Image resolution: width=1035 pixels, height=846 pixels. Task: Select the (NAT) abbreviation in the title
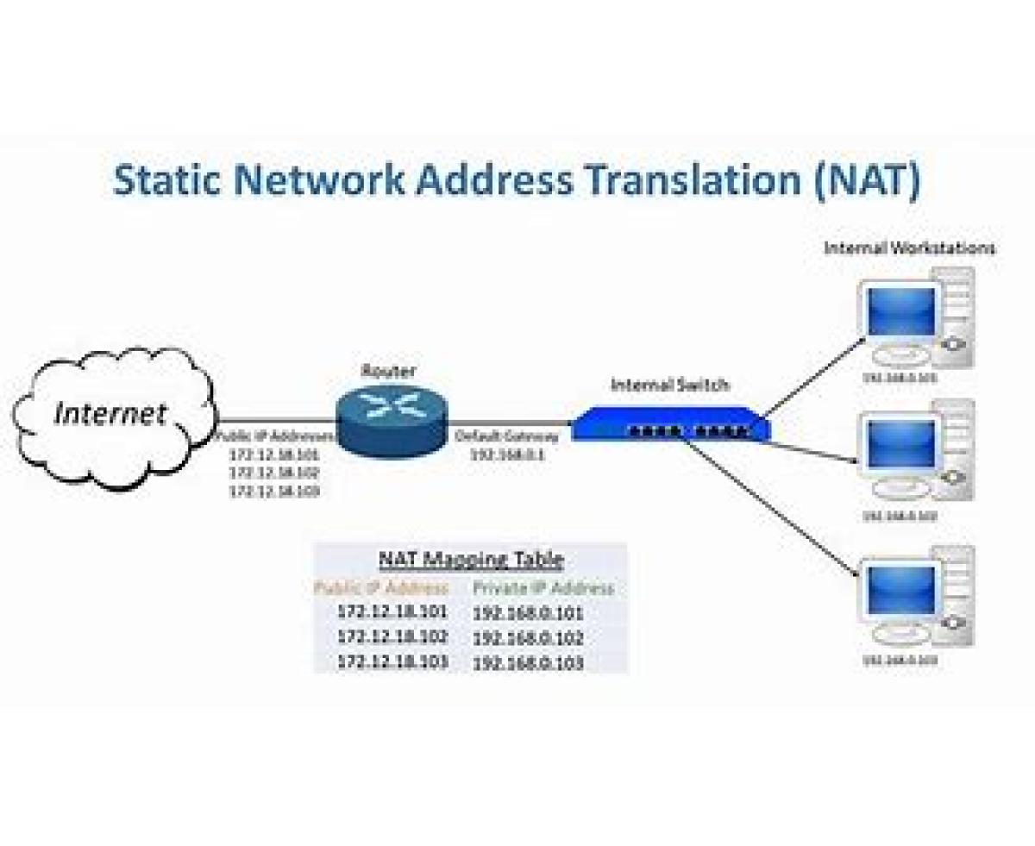tap(865, 180)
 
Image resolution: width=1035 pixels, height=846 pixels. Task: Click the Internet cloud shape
tap(112, 414)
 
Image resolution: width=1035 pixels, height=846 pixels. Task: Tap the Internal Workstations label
tap(909, 248)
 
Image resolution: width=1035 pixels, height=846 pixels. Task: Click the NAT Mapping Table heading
tap(471, 560)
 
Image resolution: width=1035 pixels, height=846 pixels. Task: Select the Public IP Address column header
tap(381, 588)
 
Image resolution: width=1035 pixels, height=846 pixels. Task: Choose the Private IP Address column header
tap(543, 588)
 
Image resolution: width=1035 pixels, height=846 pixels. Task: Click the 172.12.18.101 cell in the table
tap(392, 612)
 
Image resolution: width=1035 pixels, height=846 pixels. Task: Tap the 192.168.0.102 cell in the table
tap(528, 638)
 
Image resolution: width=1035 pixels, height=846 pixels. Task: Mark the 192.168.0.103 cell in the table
tap(528, 663)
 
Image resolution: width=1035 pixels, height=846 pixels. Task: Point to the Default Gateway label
tap(507, 436)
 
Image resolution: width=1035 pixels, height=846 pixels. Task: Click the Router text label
tap(387, 372)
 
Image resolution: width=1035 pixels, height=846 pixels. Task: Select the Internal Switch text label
tap(668, 385)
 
